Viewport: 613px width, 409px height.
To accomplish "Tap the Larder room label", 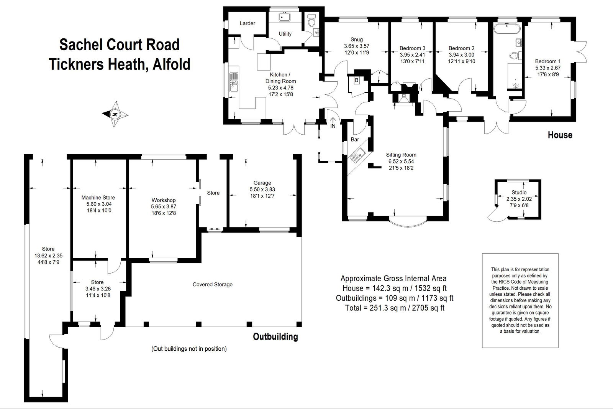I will pos(247,23).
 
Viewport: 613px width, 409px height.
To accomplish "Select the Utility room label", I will pos(285,34).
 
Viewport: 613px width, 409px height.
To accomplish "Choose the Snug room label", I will pos(356,40).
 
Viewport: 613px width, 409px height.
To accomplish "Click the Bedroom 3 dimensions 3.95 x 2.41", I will pos(412,55).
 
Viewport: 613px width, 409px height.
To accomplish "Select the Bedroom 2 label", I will pos(461,48).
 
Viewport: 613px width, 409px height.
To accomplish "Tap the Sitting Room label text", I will pos(401,155).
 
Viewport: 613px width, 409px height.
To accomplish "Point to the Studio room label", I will pos(519,192).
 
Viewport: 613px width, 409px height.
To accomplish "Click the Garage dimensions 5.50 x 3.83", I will pos(262,189).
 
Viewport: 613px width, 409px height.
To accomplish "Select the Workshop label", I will pos(164,200).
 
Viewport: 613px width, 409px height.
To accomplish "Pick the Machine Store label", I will pos(98,198).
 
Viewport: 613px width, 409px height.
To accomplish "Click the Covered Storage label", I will pos(213,284).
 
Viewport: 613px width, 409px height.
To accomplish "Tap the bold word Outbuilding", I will pos(275,337).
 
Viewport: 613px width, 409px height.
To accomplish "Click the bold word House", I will pos(560,135).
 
